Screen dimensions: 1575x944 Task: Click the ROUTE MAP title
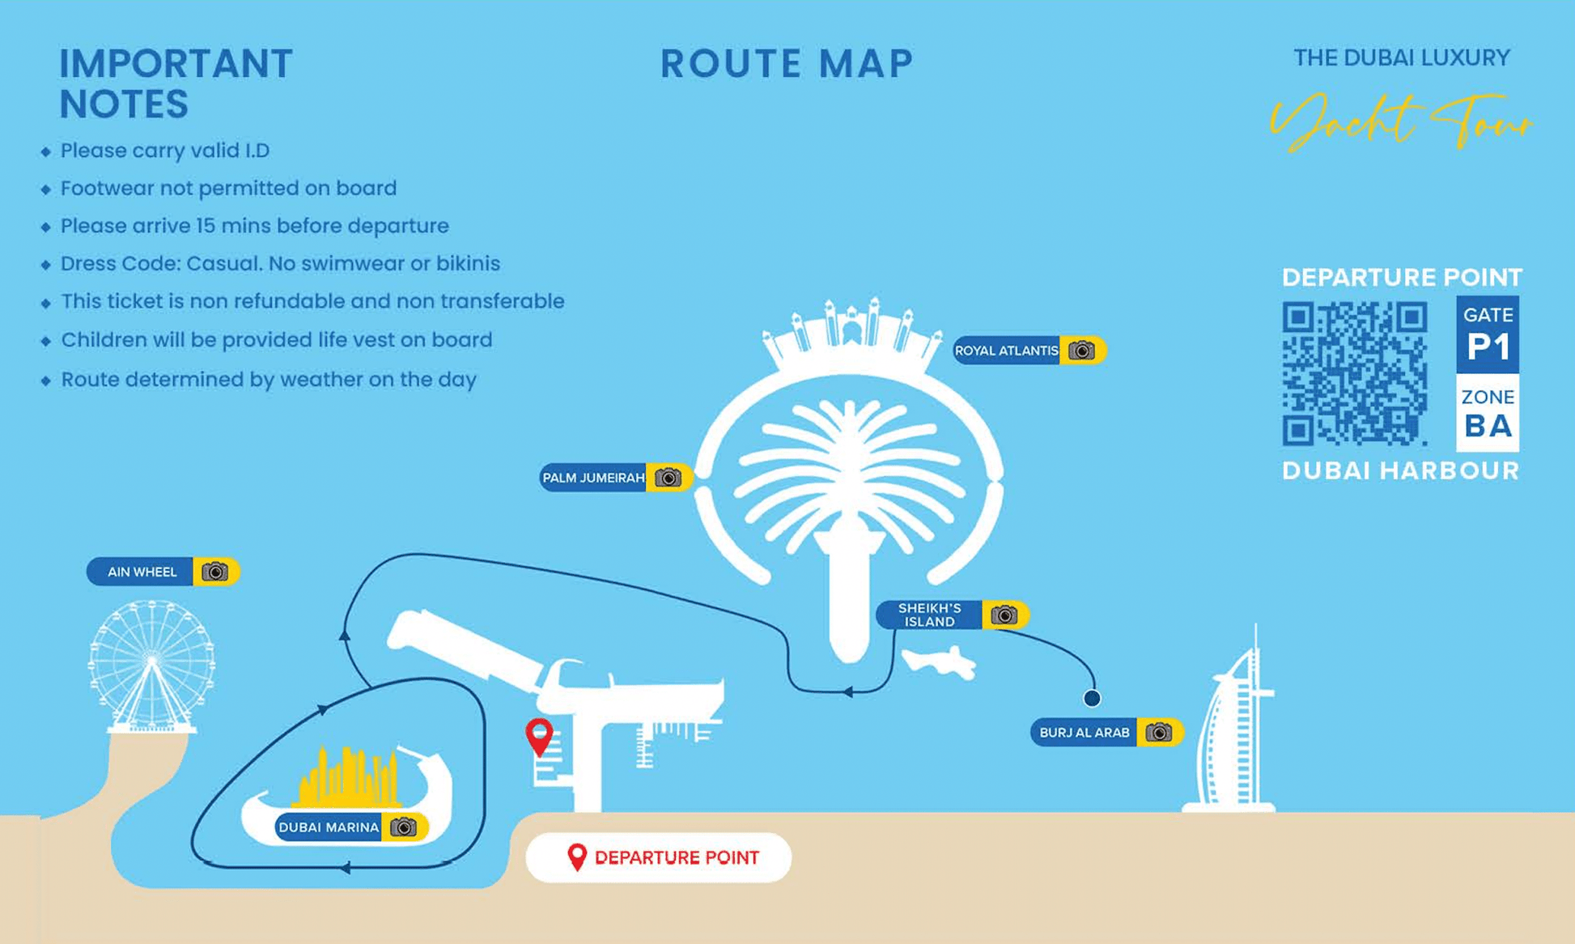tap(787, 64)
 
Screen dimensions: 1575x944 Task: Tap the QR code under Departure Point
tap(1355, 373)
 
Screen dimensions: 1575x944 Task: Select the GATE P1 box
tap(1488, 334)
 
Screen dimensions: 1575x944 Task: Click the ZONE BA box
tap(1488, 413)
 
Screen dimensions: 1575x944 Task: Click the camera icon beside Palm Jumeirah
tap(668, 478)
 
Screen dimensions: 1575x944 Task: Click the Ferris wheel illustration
tap(151, 665)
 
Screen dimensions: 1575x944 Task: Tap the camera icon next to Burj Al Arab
tap(1158, 733)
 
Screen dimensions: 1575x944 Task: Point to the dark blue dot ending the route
tap(1092, 698)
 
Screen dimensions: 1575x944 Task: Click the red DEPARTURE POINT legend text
tap(677, 858)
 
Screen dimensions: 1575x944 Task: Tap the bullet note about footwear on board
tap(228, 189)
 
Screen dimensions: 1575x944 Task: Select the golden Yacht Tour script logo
tap(1401, 121)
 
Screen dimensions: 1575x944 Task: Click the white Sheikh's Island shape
tap(940, 661)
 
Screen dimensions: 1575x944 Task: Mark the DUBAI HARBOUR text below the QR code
tap(1401, 471)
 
